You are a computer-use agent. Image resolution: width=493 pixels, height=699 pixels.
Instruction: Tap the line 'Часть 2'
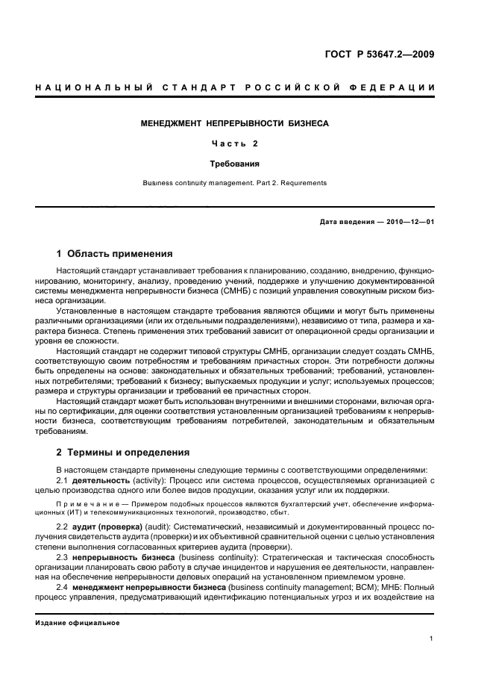(x=235, y=143)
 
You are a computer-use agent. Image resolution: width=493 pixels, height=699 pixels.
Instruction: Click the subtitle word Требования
(x=235, y=162)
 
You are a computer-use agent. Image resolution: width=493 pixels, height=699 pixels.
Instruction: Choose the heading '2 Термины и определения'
(x=123, y=452)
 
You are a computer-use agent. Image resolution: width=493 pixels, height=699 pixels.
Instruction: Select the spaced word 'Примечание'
(x=86, y=505)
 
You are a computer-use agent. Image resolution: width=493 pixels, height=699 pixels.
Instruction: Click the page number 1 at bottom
(x=432, y=638)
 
